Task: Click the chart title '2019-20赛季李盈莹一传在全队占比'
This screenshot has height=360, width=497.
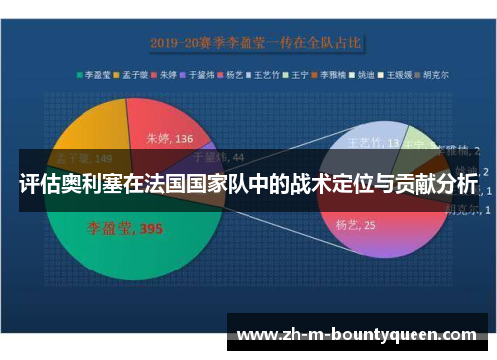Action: [x=255, y=43]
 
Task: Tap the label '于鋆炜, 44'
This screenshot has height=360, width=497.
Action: [x=217, y=157]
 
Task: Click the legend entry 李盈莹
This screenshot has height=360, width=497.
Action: [x=96, y=73]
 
